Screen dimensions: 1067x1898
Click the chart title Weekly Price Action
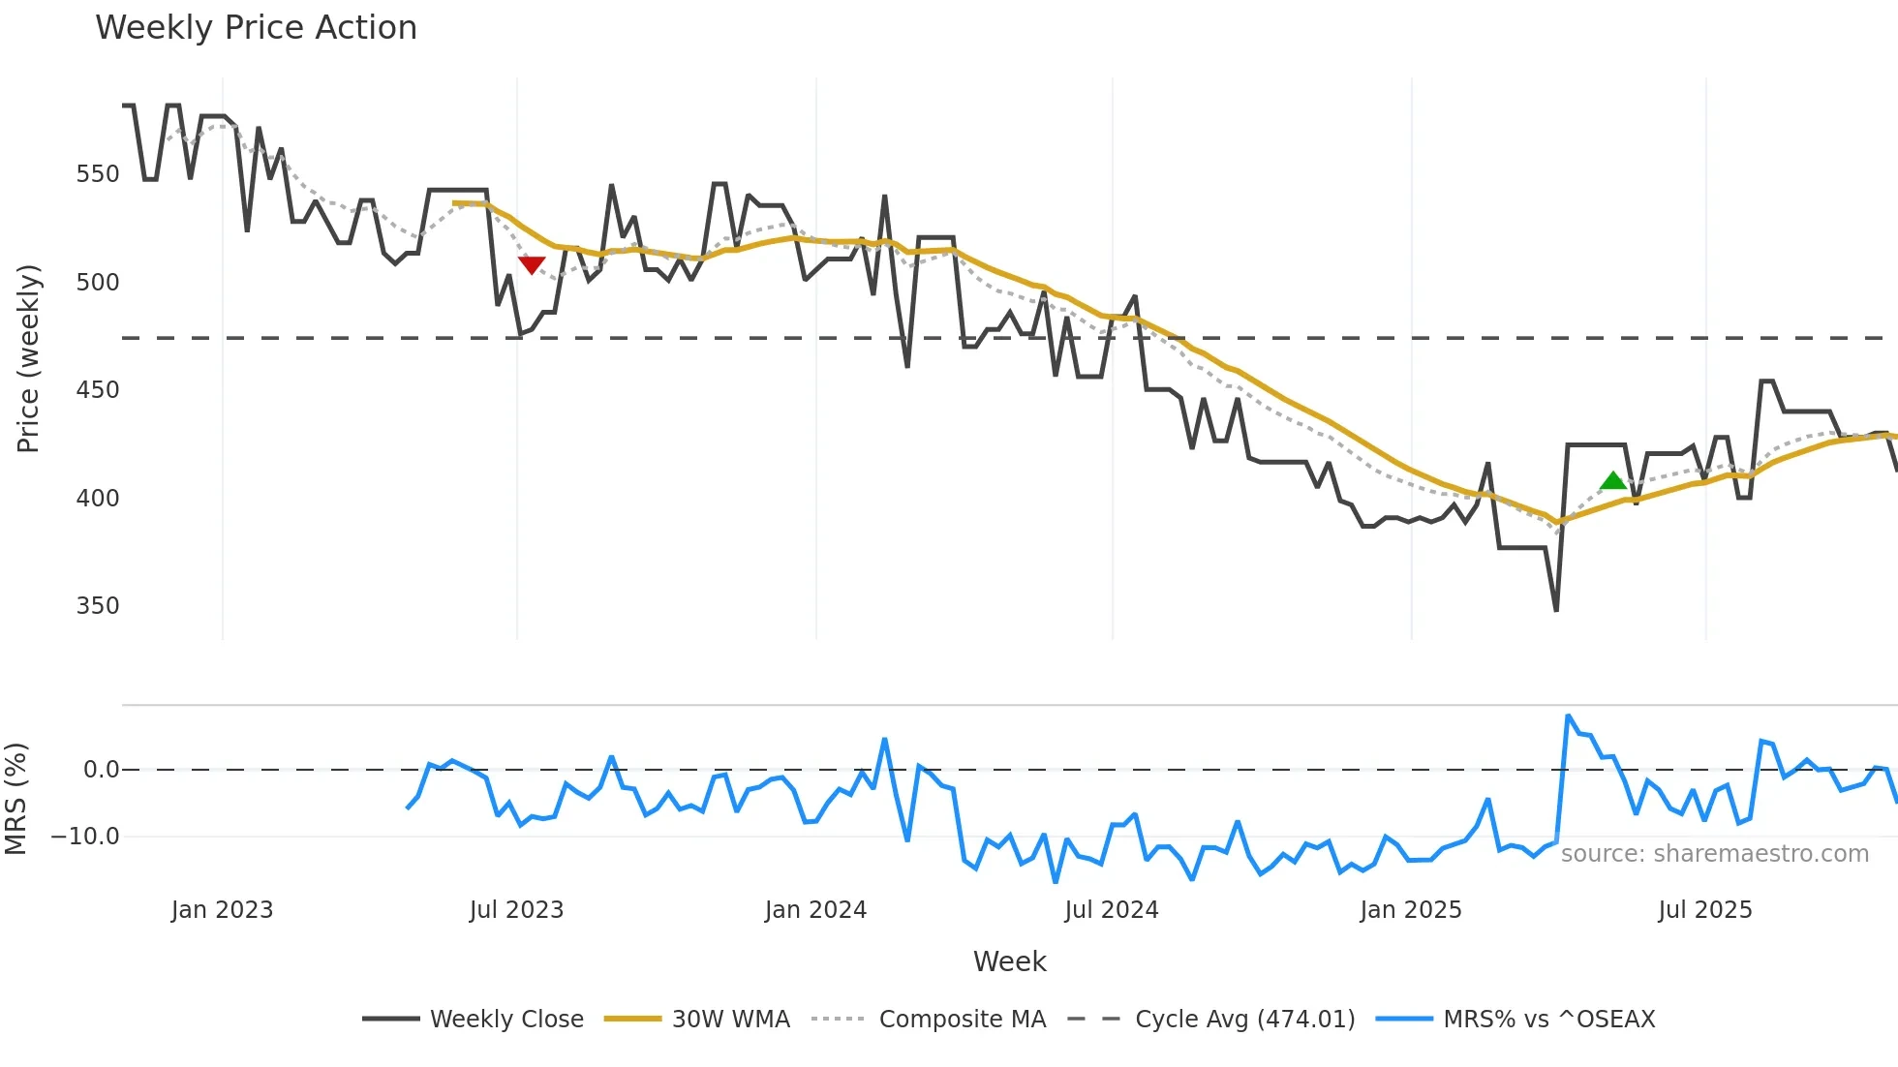pyautogui.click(x=256, y=28)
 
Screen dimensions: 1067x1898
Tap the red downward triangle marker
pyautogui.click(x=532, y=264)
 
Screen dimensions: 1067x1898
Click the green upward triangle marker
pyautogui.click(x=1612, y=480)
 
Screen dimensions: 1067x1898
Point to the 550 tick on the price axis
pyautogui.click(x=98, y=174)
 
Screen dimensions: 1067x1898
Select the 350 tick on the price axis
pyautogui.click(x=98, y=606)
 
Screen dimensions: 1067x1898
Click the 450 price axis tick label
pyautogui.click(x=98, y=390)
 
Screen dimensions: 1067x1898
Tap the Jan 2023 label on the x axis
pyautogui.click(x=222, y=910)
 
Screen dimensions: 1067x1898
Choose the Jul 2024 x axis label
pyautogui.click(x=1111, y=910)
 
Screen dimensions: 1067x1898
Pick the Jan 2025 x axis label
pyautogui.click(x=1410, y=910)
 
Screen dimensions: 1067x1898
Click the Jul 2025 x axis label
pyautogui.click(x=1704, y=910)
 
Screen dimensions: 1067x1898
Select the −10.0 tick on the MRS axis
pyautogui.click(x=85, y=837)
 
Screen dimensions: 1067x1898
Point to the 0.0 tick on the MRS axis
pyautogui.click(x=101, y=770)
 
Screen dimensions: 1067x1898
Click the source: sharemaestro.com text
pyautogui.click(x=1714, y=854)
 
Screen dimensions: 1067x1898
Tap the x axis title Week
pyautogui.click(x=1009, y=961)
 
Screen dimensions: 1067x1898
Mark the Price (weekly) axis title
pyautogui.click(x=28, y=358)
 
